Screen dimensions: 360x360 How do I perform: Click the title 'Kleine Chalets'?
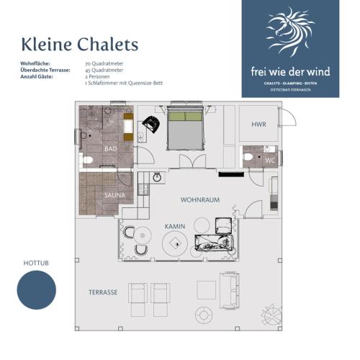79,45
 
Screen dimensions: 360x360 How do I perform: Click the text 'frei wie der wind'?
290,71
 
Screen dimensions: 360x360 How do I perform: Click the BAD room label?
110,148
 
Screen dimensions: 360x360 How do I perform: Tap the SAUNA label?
114,194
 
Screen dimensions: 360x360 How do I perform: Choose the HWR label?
258,125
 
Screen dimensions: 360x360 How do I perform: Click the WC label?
270,160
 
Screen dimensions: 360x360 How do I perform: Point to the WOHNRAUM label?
200,199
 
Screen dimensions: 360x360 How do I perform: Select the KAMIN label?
175,226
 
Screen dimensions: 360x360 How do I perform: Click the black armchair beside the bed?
152,124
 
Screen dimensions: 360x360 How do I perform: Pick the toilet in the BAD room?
87,160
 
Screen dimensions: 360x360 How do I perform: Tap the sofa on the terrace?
230,292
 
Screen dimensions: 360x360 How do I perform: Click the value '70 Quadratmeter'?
104,64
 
